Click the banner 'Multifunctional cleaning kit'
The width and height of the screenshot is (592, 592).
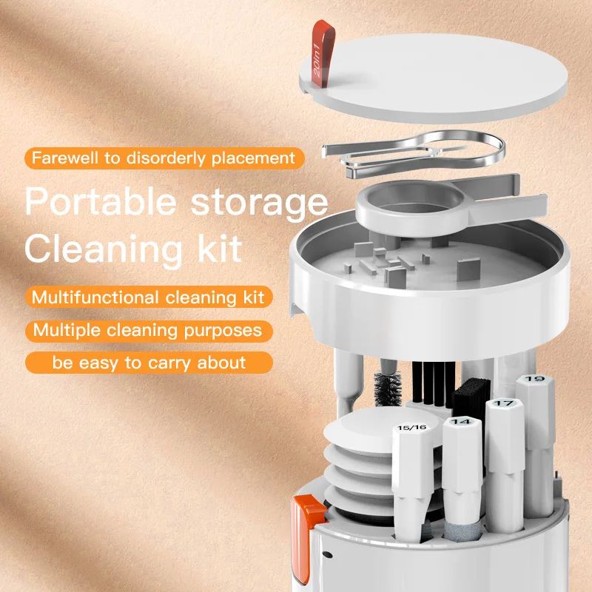[148, 297]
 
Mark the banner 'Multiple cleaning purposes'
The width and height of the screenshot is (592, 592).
[148, 330]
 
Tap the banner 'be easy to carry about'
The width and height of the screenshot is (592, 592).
[148, 363]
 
